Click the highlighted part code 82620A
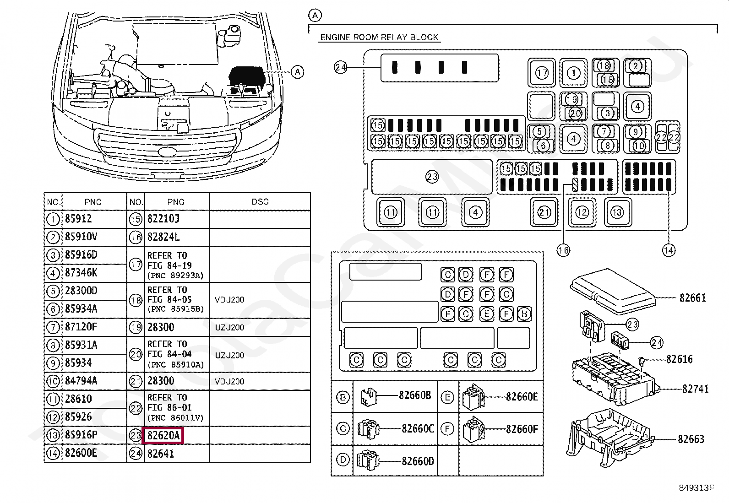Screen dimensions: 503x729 (x=163, y=436)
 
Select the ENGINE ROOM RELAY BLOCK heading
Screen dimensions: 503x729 (x=379, y=38)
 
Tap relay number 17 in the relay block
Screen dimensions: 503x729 (x=542, y=73)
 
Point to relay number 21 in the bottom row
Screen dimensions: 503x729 (x=544, y=212)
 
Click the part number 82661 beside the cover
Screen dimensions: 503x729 (x=692, y=298)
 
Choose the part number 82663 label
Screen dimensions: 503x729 (x=691, y=439)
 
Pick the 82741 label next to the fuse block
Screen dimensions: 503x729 (x=695, y=389)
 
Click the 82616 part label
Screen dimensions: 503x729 (x=680, y=359)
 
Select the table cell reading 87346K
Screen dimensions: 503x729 (x=81, y=273)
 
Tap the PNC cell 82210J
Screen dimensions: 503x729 (x=163, y=219)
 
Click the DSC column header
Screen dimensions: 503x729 (x=260, y=202)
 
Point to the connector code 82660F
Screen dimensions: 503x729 (x=522, y=429)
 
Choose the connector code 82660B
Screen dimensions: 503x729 (x=415, y=396)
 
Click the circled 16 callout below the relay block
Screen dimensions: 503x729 (x=563, y=250)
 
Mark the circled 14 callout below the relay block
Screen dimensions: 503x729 (x=669, y=250)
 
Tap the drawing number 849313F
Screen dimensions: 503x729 (x=696, y=488)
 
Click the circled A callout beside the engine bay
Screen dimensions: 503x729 (x=298, y=72)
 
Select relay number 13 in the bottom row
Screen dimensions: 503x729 (x=617, y=212)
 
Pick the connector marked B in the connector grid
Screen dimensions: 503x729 (x=524, y=314)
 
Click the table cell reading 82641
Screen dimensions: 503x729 (x=160, y=454)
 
